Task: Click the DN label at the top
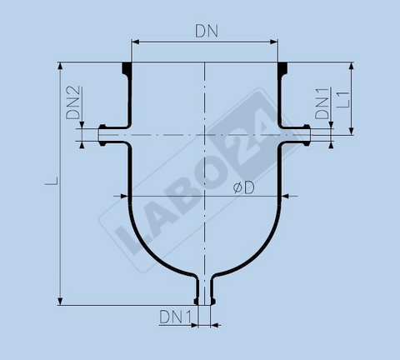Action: [206, 31]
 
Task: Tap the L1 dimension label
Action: [342, 102]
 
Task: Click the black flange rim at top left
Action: [127, 67]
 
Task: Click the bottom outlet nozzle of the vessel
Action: [205, 292]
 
